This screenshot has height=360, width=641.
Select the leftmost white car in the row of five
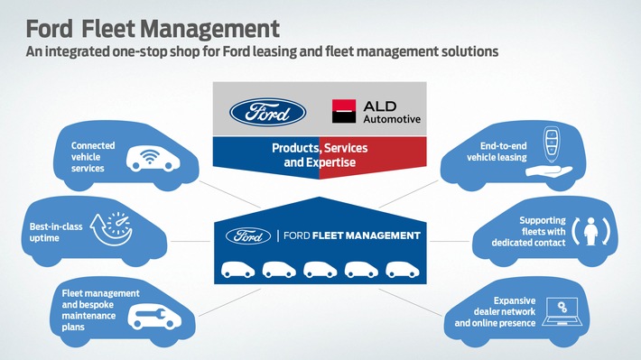point(238,268)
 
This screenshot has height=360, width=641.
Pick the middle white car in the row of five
point(320,268)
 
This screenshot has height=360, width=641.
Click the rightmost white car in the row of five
point(401,268)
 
